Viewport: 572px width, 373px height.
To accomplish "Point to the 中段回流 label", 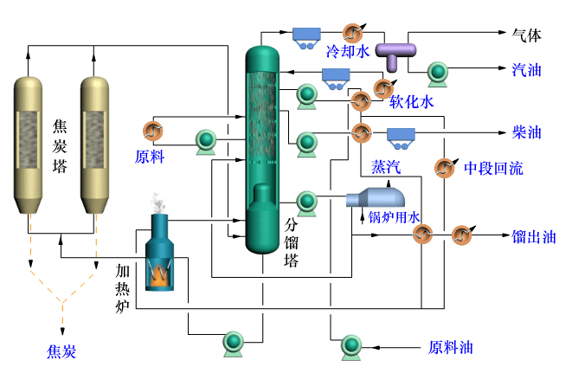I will pos(493,168).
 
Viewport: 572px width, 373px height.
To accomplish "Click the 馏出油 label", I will pos(534,236).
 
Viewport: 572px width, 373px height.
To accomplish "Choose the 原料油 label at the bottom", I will pos(451,348).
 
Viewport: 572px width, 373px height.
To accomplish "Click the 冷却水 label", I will pos(347,52).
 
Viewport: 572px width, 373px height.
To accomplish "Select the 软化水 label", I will pos(411,102).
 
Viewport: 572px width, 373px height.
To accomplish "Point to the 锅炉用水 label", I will pos(395,216).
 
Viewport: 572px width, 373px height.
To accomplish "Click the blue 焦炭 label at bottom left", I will pos(61,351).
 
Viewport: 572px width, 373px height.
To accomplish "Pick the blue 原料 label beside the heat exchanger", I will pos(150,157).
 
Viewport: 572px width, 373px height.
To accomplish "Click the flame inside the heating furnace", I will pos(161,273).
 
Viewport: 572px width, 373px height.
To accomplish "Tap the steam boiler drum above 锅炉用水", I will pos(372,196).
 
